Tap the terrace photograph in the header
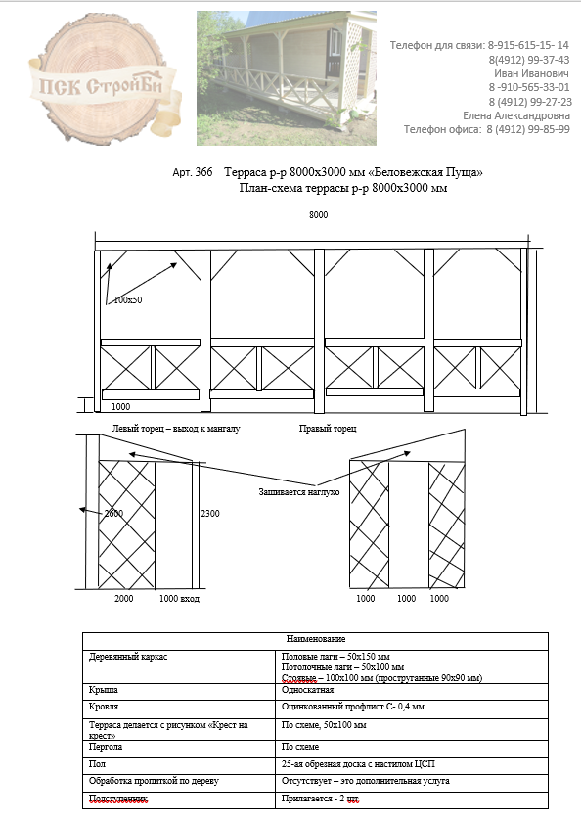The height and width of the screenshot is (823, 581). [287, 78]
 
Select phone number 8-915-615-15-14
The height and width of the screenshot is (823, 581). [528, 45]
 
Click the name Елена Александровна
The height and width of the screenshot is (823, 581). [516, 115]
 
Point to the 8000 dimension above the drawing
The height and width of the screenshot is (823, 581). [319, 214]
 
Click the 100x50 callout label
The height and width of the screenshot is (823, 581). [128, 300]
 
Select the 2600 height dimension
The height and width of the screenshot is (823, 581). [113, 514]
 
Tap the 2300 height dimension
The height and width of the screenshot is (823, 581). [210, 514]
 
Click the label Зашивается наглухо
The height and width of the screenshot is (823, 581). [299, 492]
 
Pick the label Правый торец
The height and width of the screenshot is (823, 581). [328, 429]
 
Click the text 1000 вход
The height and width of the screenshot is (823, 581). [180, 598]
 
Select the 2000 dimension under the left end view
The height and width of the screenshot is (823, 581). [124, 598]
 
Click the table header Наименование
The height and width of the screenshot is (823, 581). [316, 639]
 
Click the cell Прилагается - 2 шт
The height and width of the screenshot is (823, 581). [320, 799]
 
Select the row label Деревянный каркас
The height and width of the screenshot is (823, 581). [128, 657]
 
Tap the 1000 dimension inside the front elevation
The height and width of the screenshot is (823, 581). [120, 407]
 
